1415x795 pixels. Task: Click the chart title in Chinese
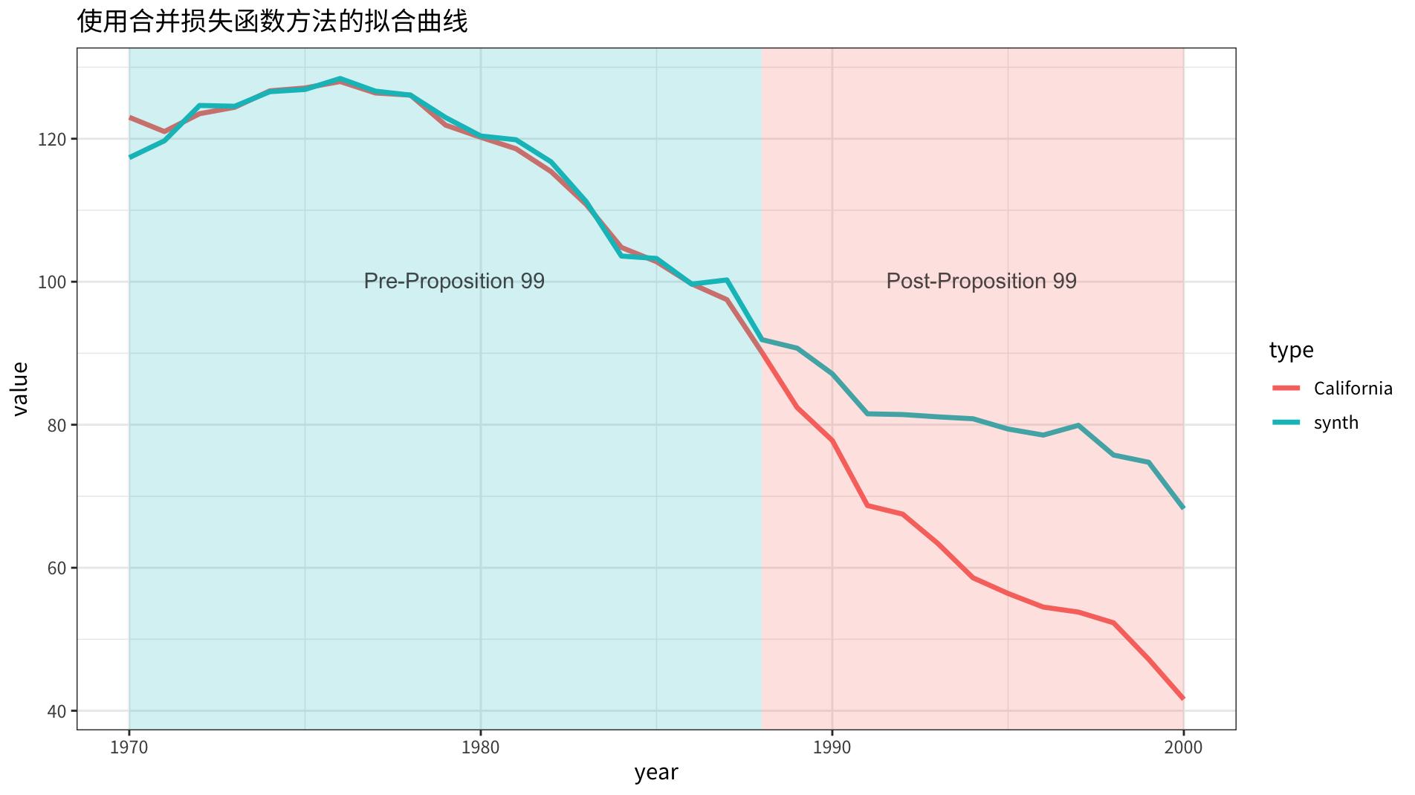tap(272, 22)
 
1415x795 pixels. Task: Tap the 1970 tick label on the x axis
tap(129, 747)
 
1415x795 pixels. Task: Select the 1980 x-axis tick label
tap(480, 747)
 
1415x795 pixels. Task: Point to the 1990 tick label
tap(832, 747)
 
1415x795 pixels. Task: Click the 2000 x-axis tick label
tap(1183, 747)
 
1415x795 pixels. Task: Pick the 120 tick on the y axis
tap(57, 139)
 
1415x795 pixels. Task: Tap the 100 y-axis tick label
tap(57, 282)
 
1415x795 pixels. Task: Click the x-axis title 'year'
tap(656, 773)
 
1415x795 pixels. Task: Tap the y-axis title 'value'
tap(20, 389)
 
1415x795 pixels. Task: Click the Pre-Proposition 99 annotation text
tap(454, 281)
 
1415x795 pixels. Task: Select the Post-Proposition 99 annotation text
tap(981, 281)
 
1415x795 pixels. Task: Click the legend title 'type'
tap(1291, 350)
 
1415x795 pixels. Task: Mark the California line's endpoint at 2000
tap(1183, 698)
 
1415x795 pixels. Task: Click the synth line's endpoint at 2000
tap(1183, 507)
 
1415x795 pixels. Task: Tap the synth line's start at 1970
tap(130, 158)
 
